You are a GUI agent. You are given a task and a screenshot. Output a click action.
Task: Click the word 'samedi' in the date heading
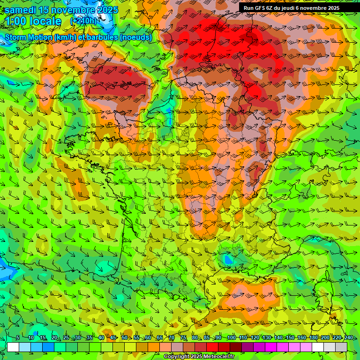(21, 10)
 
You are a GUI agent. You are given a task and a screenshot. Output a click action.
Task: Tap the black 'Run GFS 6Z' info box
(298, 8)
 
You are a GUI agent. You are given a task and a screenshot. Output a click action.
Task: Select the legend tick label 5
(18, 338)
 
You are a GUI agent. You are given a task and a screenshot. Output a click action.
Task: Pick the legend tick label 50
(125, 338)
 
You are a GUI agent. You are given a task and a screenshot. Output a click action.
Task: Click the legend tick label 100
(231, 338)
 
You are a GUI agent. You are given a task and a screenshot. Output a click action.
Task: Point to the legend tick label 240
(349, 338)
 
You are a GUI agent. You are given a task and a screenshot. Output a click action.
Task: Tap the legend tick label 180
(313, 338)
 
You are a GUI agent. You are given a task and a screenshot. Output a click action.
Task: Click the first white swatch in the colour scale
(13, 347)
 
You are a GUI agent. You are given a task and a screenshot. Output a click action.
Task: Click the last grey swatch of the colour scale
(341, 347)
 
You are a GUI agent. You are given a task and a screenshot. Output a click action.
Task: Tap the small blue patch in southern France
(228, 259)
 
